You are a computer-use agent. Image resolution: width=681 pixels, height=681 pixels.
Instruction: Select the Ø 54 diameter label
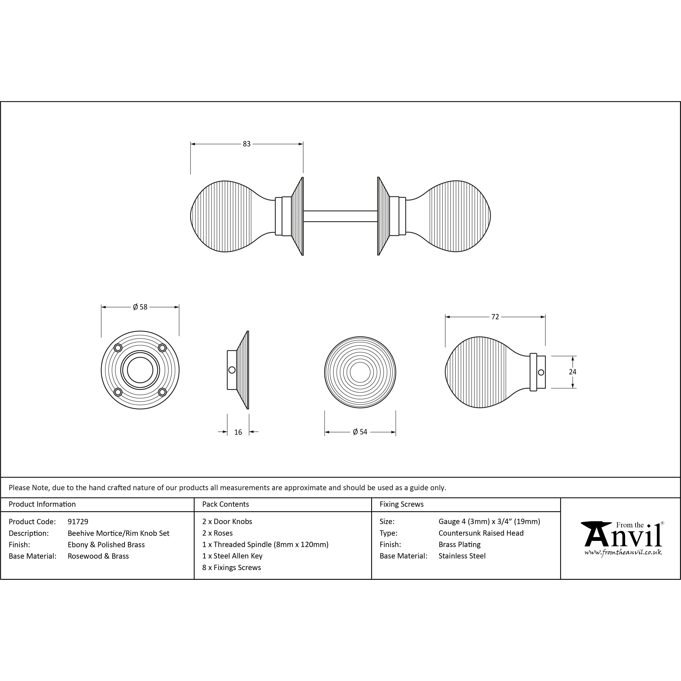[x=360, y=432]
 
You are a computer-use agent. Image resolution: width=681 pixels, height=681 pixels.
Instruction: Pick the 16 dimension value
[x=238, y=432]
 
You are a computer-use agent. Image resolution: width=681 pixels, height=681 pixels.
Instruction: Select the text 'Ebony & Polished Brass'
[x=106, y=545]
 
